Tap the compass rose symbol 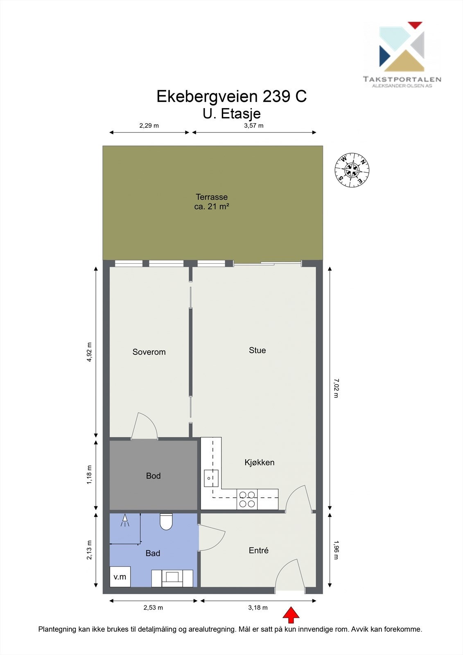pyautogui.click(x=352, y=170)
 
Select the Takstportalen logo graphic pyautogui.click(x=402, y=47)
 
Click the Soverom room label pyautogui.click(x=149, y=352)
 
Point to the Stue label pyautogui.click(x=257, y=350)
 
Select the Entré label pyautogui.click(x=259, y=550)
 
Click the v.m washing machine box pyautogui.click(x=120, y=577)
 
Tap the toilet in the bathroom pyautogui.click(x=166, y=522)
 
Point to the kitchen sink pyautogui.click(x=211, y=478)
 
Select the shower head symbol pyautogui.click(x=125, y=520)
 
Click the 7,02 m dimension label pyautogui.click(x=336, y=388)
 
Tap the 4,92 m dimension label pyautogui.click(x=89, y=352)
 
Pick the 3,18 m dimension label pyautogui.click(x=258, y=608)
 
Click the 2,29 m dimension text pyautogui.click(x=149, y=126)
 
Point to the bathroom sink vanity pyautogui.click(x=172, y=578)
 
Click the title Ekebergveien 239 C pyautogui.click(x=232, y=96)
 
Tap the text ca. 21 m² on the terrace pyautogui.click(x=212, y=206)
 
